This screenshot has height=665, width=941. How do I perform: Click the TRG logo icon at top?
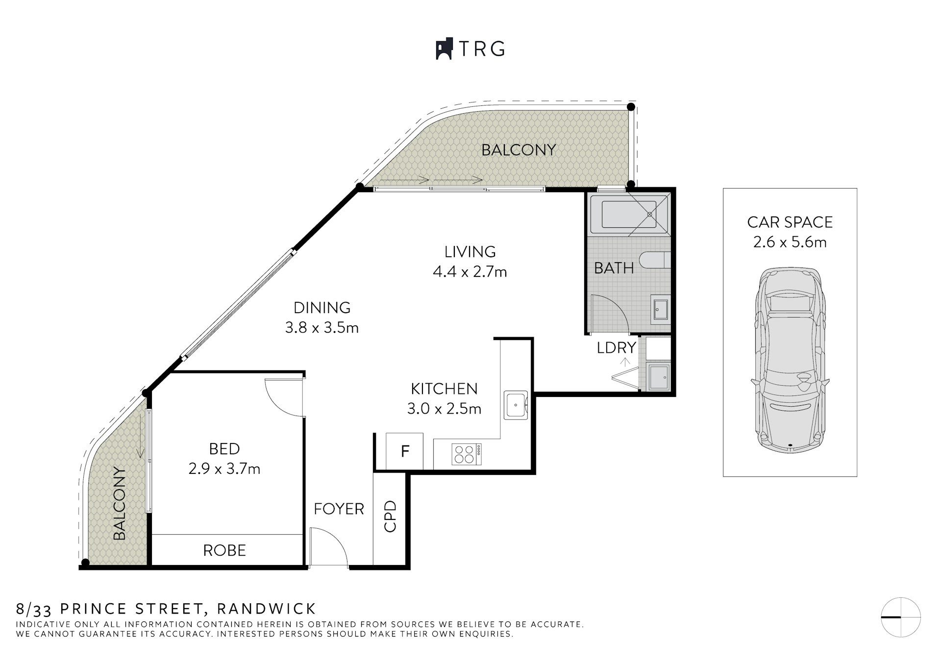pyautogui.click(x=444, y=49)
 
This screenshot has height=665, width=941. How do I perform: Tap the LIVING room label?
pyautogui.click(x=470, y=251)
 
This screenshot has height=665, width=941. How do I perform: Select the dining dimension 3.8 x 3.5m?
pyautogui.click(x=322, y=327)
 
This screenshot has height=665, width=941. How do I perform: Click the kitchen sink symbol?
pyautogui.click(x=516, y=405)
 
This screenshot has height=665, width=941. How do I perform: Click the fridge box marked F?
pyautogui.click(x=404, y=451)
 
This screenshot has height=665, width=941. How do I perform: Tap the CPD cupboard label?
pyautogui.click(x=390, y=516)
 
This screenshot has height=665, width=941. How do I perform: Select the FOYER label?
pyautogui.click(x=339, y=509)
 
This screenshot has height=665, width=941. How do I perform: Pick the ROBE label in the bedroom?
pyautogui.click(x=224, y=550)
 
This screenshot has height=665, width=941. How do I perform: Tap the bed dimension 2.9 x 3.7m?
pyautogui.click(x=224, y=469)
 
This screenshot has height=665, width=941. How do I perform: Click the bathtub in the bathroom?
pyautogui.click(x=623, y=214)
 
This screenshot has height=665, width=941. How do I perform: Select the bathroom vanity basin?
pyautogui.click(x=660, y=308)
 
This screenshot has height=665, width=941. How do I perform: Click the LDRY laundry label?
pyautogui.click(x=616, y=347)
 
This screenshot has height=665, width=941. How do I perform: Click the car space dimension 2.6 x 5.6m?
pyautogui.click(x=790, y=242)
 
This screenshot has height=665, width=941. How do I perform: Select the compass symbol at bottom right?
pyautogui.click(x=901, y=617)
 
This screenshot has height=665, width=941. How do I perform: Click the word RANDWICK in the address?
pyautogui.click(x=267, y=609)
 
